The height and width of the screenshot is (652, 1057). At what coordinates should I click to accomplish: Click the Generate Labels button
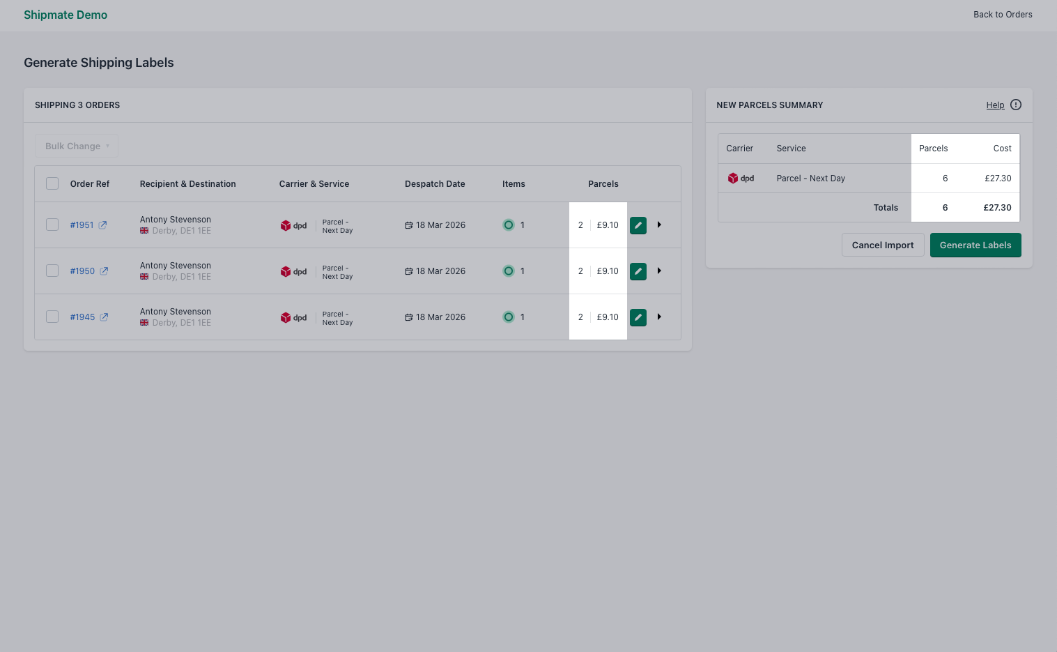pos(975,245)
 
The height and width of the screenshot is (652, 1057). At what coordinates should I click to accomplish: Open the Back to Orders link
pos(1002,15)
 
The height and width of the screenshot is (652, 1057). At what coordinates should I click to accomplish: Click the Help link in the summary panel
pos(995,105)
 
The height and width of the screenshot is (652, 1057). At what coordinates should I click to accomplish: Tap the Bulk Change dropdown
pos(77,146)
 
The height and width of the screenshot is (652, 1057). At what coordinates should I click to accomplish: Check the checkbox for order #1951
pos(52,225)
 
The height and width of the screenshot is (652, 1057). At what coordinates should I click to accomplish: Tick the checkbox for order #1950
pos(52,271)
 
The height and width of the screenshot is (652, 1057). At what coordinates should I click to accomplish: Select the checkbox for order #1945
pos(52,317)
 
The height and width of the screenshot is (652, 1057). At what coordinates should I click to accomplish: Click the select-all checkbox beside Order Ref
pos(52,183)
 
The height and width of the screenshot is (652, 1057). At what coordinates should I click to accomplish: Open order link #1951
pos(82,225)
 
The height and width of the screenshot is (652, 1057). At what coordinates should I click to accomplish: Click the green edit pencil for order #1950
pos(638,271)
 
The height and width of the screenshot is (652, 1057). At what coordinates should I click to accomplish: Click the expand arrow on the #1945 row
pos(659,317)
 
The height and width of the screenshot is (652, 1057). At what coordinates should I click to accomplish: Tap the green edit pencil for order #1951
pos(638,225)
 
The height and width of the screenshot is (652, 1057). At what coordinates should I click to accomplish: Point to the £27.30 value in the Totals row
pos(997,208)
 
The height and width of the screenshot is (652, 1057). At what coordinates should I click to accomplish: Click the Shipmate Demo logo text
pos(65,15)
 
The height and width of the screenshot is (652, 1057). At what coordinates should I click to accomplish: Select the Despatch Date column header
pos(435,184)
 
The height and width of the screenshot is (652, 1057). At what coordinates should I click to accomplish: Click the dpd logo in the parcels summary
pos(741,179)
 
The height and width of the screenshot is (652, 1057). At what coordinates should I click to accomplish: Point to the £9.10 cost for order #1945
pos(608,317)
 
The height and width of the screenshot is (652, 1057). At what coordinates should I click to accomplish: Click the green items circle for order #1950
pos(509,271)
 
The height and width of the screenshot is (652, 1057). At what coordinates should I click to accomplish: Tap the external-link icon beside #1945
pos(104,317)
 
